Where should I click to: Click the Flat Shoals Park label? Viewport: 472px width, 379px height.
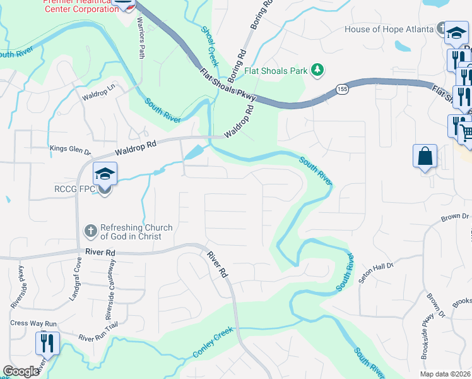click(277, 71)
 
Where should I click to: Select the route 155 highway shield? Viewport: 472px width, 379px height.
click(341, 89)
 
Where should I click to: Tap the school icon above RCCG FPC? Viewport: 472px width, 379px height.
click(105, 173)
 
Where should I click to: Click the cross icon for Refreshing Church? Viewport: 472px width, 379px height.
click(91, 231)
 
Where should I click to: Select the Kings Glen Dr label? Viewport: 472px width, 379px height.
click(71, 151)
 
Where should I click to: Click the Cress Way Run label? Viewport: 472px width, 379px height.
click(33, 323)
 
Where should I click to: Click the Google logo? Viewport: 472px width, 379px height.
click(21, 371)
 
